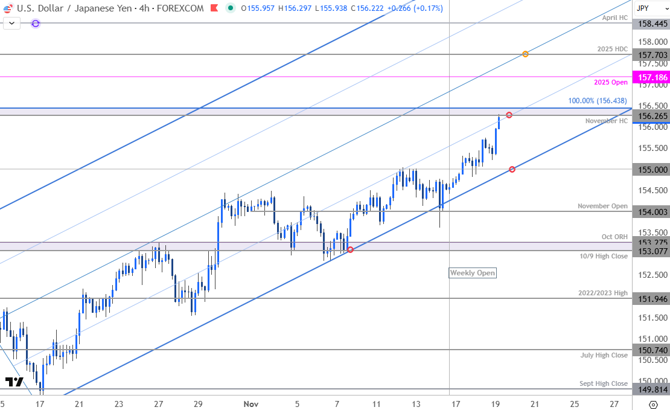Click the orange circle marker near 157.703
[x=526, y=54]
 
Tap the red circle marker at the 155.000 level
[x=512, y=170]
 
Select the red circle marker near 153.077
[x=350, y=249]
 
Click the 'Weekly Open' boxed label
[x=472, y=273]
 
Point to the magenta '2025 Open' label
[x=611, y=82]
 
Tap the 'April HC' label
[x=615, y=18]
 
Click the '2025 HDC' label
[x=612, y=49]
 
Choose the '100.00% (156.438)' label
[x=598, y=101]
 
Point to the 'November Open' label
[x=602, y=206]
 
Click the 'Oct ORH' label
[x=614, y=237]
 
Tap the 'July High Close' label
[x=604, y=356]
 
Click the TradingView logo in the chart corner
[x=14, y=382]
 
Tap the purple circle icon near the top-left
[x=36, y=24]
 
